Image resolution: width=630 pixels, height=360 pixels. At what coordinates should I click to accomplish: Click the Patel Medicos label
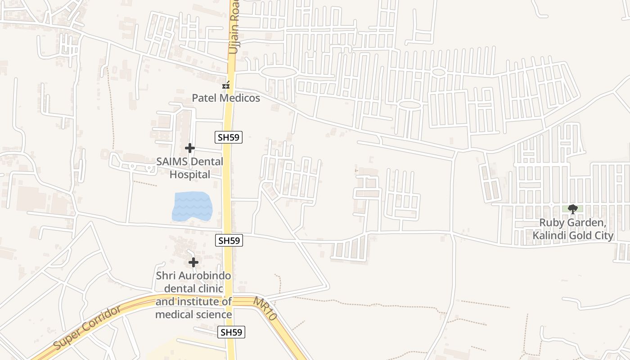[226, 98]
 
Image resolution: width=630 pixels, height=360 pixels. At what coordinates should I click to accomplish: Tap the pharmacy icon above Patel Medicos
[226, 85]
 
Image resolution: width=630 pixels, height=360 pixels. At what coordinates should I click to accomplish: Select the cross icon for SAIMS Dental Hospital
[190, 148]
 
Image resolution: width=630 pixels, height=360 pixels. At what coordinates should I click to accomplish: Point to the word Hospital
[190, 175]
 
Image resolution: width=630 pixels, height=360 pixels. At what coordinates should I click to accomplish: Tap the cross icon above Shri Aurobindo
[193, 262]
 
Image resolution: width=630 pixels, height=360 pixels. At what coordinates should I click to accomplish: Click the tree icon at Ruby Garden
[573, 209]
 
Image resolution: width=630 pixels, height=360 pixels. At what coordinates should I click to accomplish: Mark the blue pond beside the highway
[192, 206]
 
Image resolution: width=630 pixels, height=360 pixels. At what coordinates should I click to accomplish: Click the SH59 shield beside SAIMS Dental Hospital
[229, 137]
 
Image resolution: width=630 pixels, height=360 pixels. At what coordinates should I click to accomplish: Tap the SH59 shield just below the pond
[229, 241]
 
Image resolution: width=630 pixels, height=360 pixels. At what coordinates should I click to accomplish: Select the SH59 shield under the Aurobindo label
[231, 333]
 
